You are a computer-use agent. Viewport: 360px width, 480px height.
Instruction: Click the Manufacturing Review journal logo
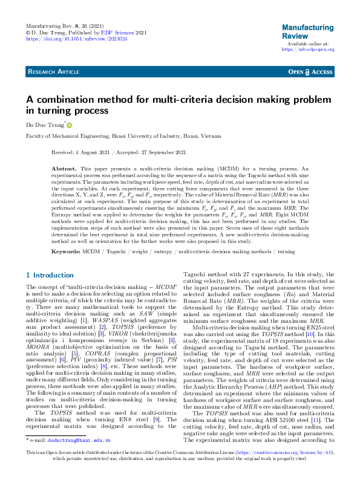tap(307, 31)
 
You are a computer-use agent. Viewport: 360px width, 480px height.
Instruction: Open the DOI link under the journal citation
tap(77, 39)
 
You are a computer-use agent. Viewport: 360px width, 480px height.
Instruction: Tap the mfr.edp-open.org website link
tap(308, 50)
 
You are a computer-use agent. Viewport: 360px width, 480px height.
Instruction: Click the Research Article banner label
tap(53, 72)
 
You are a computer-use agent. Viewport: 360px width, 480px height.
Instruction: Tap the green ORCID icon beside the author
tap(69, 126)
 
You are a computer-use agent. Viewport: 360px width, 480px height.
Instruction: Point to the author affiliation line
tap(119, 137)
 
